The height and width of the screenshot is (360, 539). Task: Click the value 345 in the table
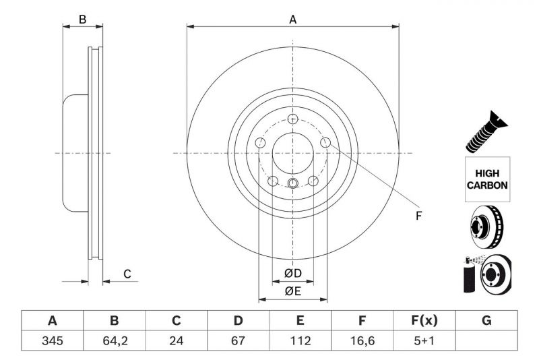52,341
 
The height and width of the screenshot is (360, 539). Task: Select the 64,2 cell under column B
114,341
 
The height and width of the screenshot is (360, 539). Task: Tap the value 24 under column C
177,341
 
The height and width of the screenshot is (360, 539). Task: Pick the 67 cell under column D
239,341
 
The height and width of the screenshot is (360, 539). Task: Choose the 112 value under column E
300,341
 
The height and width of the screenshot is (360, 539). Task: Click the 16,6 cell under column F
362,341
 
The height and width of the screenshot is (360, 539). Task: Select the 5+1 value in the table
424,341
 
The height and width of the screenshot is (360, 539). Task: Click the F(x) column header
424,320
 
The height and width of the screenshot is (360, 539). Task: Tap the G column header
486,320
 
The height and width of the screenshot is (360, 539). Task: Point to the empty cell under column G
486,341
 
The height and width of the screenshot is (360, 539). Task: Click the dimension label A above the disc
293,20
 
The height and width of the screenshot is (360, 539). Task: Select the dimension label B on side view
82,20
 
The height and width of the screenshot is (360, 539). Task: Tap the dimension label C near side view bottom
127,274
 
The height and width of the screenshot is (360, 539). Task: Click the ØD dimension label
292,273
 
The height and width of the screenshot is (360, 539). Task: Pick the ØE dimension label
292,291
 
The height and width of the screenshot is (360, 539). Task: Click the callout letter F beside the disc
418,216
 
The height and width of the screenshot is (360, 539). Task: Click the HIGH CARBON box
487,179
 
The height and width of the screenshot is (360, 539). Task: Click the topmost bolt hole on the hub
292,119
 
